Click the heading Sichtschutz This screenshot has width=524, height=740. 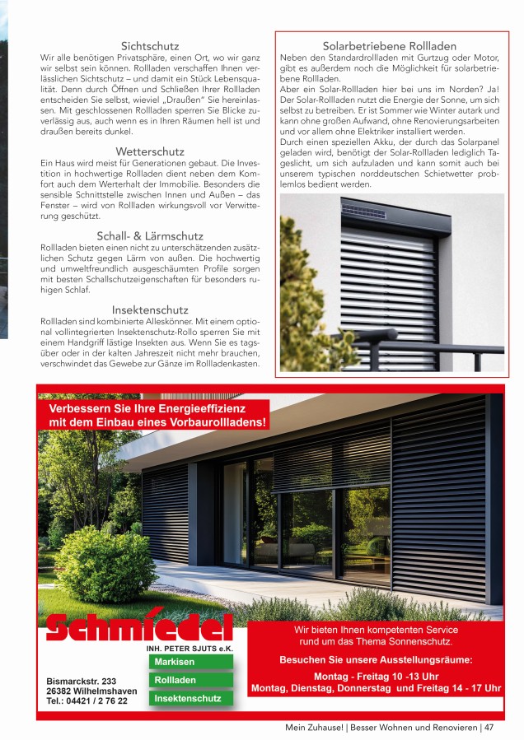(150, 46)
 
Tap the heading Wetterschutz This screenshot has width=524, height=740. (149, 152)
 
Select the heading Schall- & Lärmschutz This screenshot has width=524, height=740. (149, 235)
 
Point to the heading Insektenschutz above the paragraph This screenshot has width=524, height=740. (149, 309)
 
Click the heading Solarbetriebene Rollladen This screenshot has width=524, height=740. (390, 47)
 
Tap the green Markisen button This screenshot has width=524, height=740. (175, 662)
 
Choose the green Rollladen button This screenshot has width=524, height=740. (175, 680)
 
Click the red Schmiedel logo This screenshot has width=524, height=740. (139, 628)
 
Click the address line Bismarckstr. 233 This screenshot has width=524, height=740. (82, 682)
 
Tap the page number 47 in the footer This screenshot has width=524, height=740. (489, 728)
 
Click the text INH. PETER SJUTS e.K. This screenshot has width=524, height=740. (189, 649)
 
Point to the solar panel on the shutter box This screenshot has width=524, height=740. (363, 212)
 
